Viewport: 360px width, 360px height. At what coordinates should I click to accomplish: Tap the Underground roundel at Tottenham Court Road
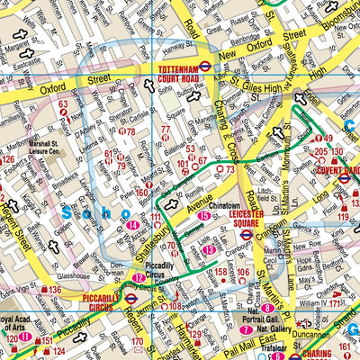[x=205, y=65]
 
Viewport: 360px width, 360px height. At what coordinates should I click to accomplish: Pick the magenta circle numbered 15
[x=204, y=217]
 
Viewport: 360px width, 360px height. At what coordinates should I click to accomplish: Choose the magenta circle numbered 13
[x=209, y=249]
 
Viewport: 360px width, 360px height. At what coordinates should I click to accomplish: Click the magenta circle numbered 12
[x=139, y=278]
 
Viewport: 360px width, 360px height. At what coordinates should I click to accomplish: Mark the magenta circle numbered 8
[x=267, y=308]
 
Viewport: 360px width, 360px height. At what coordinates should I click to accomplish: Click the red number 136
[x=55, y=290]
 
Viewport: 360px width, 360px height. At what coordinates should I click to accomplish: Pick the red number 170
[x=137, y=342]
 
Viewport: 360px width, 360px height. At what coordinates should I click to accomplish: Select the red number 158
[x=220, y=271]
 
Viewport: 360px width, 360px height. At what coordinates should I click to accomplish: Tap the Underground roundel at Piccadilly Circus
[x=130, y=297]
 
